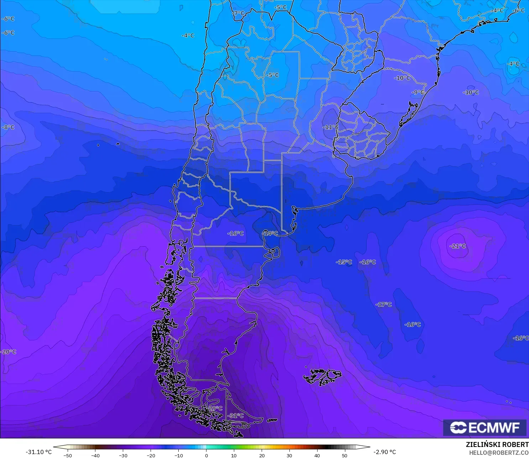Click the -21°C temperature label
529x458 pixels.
[x=458, y=246]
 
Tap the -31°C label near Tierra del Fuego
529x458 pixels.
[x=236, y=416]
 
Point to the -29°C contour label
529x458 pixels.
[x=215, y=408]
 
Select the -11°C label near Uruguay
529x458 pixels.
[x=330, y=127]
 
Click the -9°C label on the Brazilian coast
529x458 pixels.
[x=418, y=92]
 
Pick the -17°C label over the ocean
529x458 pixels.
[x=383, y=304]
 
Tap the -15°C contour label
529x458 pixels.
[x=344, y=262]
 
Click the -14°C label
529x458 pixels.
[x=270, y=233]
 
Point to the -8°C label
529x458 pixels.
[x=8, y=127]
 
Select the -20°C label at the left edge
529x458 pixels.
[x=9, y=352]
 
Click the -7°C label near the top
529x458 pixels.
[x=239, y=13]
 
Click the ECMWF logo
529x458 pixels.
[x=485, y=427]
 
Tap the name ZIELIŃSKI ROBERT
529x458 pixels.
[x=497, y=444]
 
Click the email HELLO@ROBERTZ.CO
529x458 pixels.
[x=498, y=453]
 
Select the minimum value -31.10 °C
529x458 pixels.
[x=38, y=452]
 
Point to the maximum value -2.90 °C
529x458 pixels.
[x=384, y=452]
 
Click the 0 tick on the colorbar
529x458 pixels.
[x=206, y=455]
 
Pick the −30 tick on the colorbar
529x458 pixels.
[x=123, y=455]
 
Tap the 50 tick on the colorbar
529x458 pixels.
[x=344, y=455]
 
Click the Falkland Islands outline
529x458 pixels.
[x=322, y=377]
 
